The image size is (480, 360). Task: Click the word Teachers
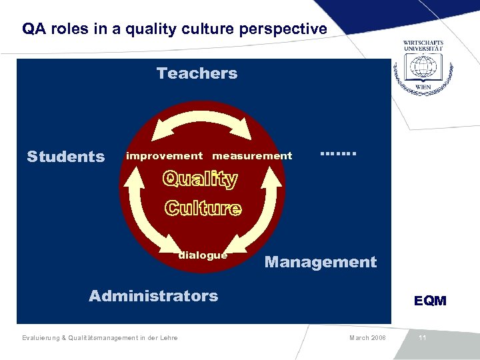click(x=197, y=73)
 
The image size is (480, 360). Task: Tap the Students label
click(x=65, y=157)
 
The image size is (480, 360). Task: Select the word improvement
click(x=164, y=156)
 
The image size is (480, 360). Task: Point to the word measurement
click(x=252, y=156)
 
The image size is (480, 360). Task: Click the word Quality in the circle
click(x=200, y=179)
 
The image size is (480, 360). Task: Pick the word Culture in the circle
click(x=203, y=208)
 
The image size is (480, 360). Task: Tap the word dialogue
click(x=203, y=255)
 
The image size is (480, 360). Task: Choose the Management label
click(x=321, y=262)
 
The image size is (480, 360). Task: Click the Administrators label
click(x=153, y=296)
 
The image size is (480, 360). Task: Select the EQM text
click(x=430, y=301)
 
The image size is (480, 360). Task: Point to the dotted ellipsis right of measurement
click(x=339, y=153)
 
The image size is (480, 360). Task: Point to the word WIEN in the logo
click(x=423, y=87)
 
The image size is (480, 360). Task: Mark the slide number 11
click(x=422, y=338)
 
